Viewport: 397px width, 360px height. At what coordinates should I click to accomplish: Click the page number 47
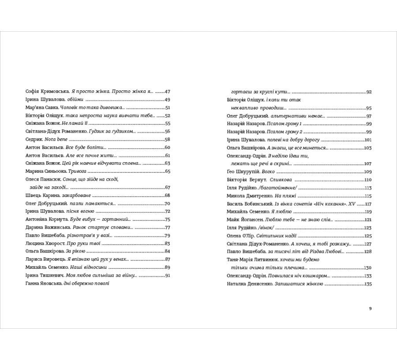(x=167, y=92)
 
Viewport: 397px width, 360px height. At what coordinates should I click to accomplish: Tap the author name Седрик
(x=34, y=139)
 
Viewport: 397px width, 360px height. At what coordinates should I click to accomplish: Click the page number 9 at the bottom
(x=370, y=308)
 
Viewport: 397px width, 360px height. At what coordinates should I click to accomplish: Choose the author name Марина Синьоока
(x=43, y=171)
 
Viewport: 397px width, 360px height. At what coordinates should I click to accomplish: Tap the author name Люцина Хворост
(x=45, y=243)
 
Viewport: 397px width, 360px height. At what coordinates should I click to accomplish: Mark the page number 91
(x=167, y=275)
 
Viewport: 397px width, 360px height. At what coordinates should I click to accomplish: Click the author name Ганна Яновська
(x=44, y=284)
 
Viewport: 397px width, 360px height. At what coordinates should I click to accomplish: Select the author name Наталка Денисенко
(x=247, y=284)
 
